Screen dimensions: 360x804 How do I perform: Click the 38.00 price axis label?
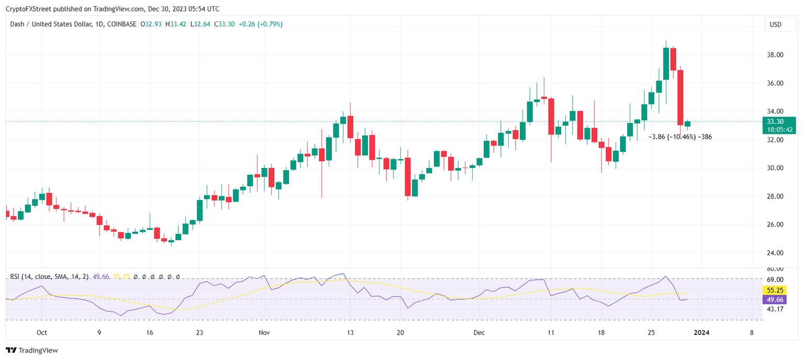coord(775,55)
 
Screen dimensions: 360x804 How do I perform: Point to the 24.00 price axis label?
coord(775,253)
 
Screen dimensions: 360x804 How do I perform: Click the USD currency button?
coord(775,25)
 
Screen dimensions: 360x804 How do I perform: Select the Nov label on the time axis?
coord(264,333)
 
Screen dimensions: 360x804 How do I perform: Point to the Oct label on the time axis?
coord(42,333)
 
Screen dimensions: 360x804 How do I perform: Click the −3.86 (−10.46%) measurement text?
coord(672,137)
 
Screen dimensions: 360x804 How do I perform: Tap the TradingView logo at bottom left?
coord(32,350)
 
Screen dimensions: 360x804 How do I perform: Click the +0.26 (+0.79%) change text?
coord(260,24)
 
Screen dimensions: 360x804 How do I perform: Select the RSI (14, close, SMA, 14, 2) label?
coord(50,276)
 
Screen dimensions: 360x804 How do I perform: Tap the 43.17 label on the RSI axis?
coord(775,309)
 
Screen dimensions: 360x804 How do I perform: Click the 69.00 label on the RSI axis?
coord(775,280)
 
